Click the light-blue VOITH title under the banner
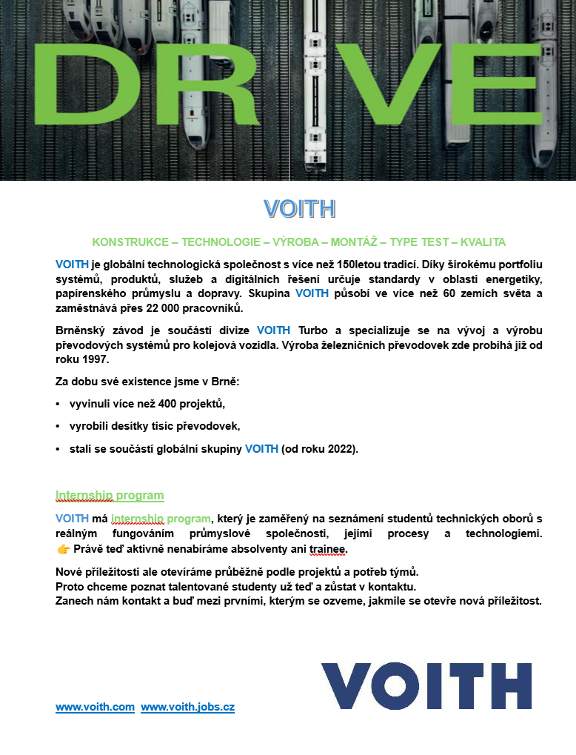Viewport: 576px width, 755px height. [x=299, y=209]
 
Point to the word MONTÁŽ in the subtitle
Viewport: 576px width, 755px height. [x=351, y=242]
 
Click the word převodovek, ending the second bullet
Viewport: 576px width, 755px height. [x=208, y=426]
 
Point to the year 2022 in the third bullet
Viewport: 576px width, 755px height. [x=337, y=448]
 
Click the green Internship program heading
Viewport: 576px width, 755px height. [x=110, y=495]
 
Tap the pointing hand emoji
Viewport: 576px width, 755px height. [x=63, y=550]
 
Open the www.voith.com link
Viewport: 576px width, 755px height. [x=95, y=707]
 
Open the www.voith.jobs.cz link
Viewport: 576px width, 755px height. [x=187, y=707]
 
